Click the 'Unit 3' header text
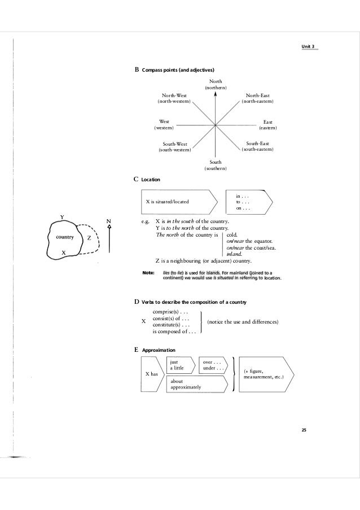point(309,45)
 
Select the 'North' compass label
point(216,82)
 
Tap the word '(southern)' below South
point(216,168)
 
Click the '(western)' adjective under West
point(165,128)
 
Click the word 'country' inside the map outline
point(62,237)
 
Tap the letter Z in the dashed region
point(89,238)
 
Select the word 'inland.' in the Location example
point(234,254)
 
